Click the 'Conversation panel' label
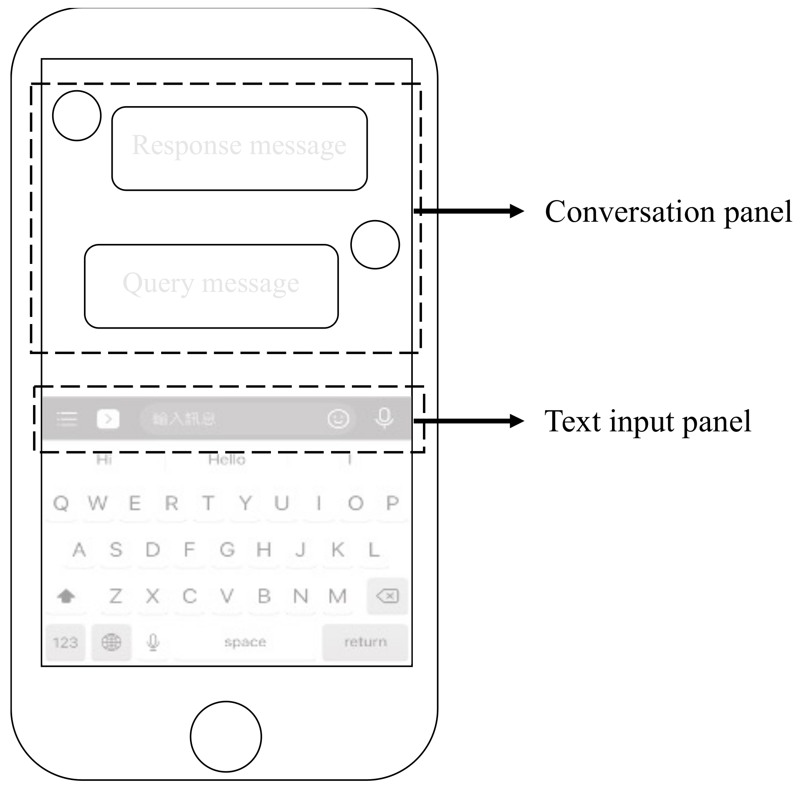[668, 212]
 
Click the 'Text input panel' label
[647, 421]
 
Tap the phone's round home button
[226, 736]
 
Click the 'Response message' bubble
[239, 148]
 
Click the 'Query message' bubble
[211, 286]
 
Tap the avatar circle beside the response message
[77, 116]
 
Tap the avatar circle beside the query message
[375, 245]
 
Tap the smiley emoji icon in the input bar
[338, 418]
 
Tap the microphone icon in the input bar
[384, 418]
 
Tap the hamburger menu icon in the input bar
[67, 418]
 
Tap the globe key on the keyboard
[111, 641]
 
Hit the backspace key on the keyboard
[387, 596]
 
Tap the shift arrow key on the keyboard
[66, 596]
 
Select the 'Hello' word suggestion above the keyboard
[227, 460]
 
